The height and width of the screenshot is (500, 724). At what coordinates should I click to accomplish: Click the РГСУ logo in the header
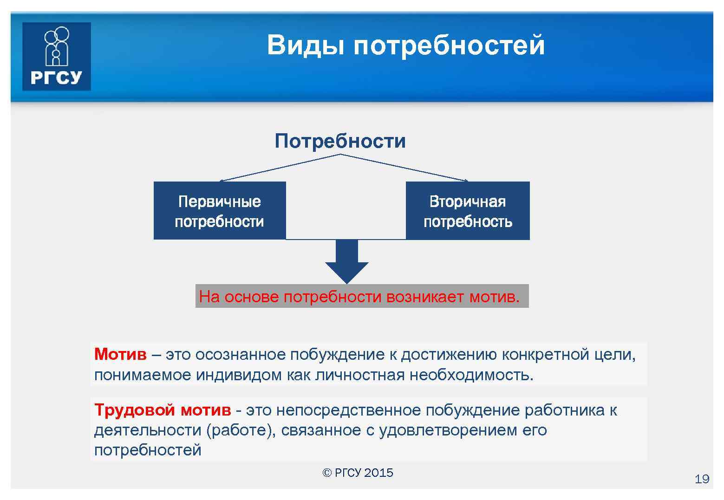56,56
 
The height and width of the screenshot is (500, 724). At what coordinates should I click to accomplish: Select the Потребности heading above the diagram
340,141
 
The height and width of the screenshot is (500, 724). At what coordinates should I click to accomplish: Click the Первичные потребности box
219,211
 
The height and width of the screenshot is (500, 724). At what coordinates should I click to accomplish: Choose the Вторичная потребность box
468,211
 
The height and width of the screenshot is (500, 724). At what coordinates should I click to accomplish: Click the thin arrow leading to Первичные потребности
279,168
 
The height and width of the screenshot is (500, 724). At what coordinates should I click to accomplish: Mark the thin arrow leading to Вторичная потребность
404,168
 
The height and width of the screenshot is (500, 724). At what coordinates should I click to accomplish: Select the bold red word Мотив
120,354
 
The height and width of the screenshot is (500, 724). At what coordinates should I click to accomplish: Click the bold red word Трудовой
134,410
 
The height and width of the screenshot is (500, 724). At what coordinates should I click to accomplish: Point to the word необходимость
471,375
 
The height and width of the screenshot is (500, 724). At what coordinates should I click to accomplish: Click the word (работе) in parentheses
236,430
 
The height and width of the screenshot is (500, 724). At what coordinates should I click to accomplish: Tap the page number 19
702,479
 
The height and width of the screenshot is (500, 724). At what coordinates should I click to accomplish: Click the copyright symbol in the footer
326,473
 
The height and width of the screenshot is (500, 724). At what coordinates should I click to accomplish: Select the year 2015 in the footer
378,473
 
